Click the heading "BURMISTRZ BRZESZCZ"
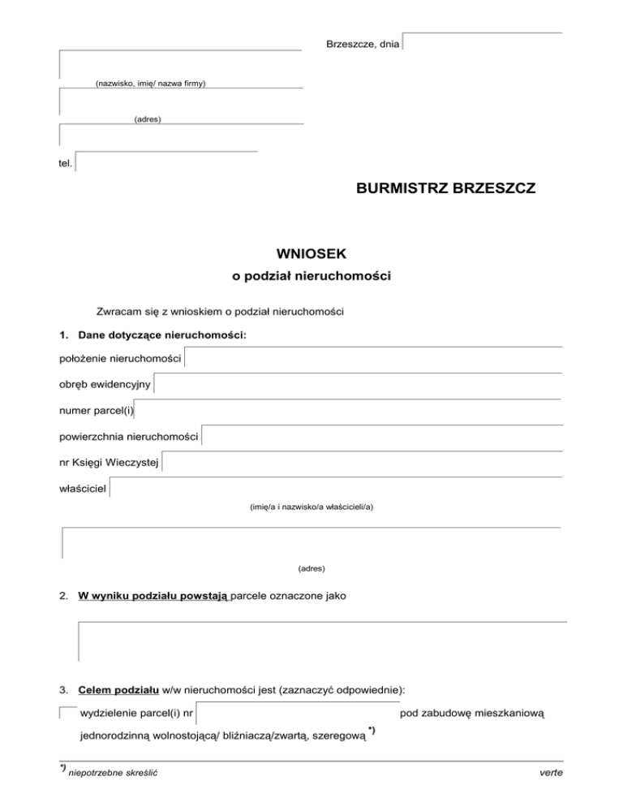click(445, 188)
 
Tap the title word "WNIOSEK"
click(311, 254)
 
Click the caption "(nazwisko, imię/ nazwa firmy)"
click(150, 84)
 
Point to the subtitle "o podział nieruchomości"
click(311, 277)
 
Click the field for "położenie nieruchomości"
click(373, 357)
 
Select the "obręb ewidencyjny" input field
click(357, 383)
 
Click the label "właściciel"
click(83, 489)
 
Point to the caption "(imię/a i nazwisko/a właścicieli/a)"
click(311, 507)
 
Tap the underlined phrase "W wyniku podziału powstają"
click(155, 595)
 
